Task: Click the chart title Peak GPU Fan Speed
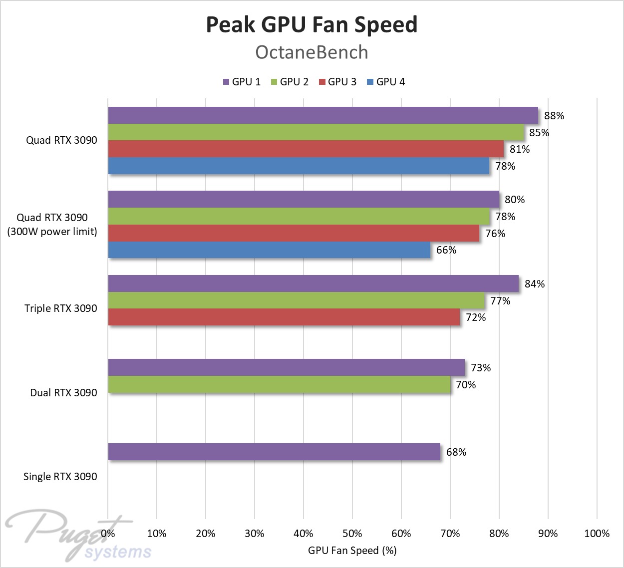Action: click(312, 24)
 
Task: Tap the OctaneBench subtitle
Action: click(312, 52)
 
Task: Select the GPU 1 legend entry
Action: click(242, 82)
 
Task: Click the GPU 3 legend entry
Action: click(337, 82)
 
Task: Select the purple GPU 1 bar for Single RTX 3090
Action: click(274, 452)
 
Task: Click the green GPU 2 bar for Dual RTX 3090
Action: click(279, 384)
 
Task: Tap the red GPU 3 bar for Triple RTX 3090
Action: click(284, 317)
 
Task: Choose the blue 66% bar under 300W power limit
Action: click(269, 250)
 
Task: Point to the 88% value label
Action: click(554, 116)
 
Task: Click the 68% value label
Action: click(456, 452)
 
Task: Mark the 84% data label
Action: click(535, 284)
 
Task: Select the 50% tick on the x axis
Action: click(352, 534)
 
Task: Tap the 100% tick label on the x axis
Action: click(597, 534)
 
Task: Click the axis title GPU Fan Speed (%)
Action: click(352, 551)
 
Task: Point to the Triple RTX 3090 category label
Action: click(61, 308)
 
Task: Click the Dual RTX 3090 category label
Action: click(63, 393)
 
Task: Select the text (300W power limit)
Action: click(52, 232)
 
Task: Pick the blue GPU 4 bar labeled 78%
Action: click(299, 166)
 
